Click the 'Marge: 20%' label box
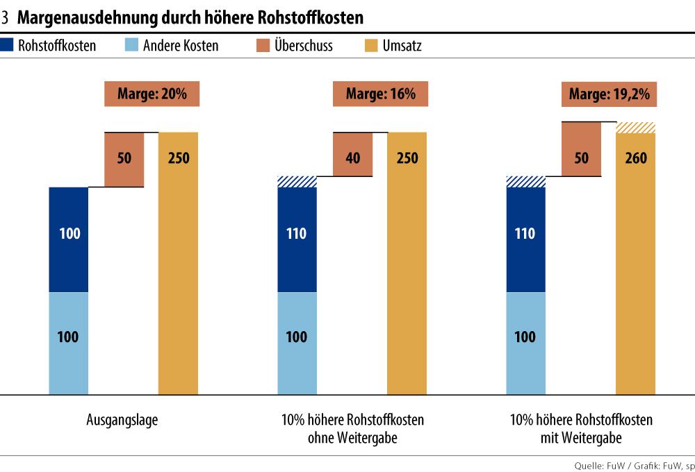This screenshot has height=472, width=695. click(152, 94)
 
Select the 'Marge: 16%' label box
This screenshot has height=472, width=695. click(381, 94)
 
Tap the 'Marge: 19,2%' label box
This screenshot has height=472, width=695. click(610, 94)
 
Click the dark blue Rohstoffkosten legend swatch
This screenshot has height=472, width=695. click(7, 46)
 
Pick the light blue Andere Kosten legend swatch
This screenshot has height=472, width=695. click(131, 46)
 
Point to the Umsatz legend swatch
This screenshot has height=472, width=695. click(370, 46)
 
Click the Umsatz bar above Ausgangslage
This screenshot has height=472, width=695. click(179, 264)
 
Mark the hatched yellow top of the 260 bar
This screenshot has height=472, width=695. click(635, 127)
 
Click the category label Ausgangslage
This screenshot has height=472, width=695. click(122, 420)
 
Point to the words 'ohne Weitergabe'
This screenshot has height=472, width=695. click(352, 438)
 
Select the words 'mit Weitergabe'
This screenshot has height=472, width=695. click(581, 438)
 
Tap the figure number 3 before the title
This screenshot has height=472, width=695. click(6, 17)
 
